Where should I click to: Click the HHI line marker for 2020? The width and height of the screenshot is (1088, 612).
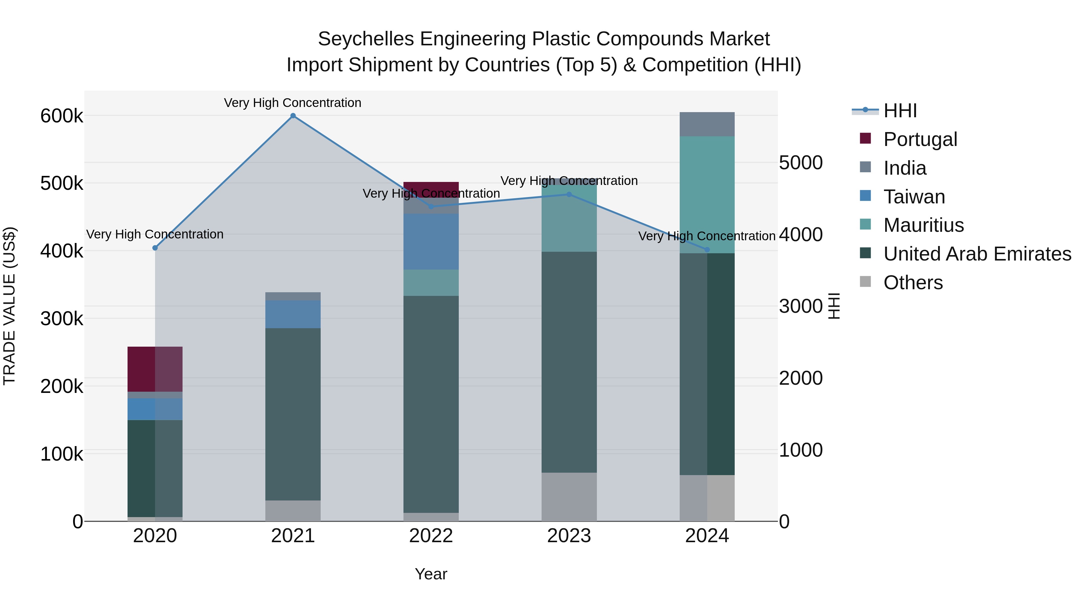(x=155, y=248)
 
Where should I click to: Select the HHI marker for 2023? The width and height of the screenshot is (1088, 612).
(x=569, y=195)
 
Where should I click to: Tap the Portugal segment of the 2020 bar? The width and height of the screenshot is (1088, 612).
(x=155, y=369)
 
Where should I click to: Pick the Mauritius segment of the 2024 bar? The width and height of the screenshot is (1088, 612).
(x=707, y=194)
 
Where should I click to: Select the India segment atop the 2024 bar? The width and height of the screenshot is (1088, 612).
(x=707, y=124)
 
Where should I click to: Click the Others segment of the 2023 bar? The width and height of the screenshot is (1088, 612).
(x=569, y=497)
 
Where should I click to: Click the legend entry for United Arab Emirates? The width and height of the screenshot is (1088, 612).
(x=977, y=254)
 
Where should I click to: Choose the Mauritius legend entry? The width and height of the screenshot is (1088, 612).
(x=923, y=225)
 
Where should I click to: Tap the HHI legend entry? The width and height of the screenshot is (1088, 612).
(x=900, y=111)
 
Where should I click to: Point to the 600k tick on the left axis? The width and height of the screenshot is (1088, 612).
(x=62, y=116)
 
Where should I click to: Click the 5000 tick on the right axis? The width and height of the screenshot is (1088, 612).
(x=800, y=163)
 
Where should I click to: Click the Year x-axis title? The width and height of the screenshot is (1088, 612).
(x=431, y=574)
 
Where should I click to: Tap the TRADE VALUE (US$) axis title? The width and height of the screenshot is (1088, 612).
(x=9, y=306)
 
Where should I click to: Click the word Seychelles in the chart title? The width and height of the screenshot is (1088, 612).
(x=366, y=39)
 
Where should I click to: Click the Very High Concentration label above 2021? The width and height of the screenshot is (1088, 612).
(x=293, y=103)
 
